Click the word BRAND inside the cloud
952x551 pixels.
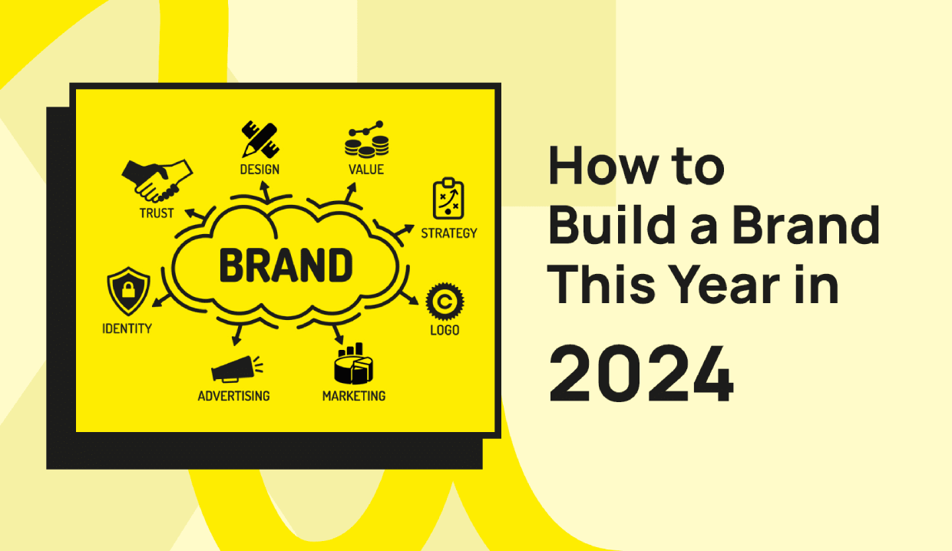point(286,265)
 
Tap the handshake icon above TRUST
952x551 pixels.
point(157,181)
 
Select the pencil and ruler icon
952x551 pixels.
point(260,140)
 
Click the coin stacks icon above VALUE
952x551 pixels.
point(366,139)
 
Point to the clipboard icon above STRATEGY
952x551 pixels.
point(448,199)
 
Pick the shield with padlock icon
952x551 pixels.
point(128,291)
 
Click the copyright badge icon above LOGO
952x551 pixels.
point(445,302)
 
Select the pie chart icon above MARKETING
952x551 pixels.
point(354,364)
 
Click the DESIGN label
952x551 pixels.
point(259,170)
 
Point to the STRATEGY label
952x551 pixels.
point(449,233)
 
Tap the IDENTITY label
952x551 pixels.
point(127,328)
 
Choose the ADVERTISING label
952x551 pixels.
point(233,396)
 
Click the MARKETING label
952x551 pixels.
point(354,396)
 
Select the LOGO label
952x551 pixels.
point(445,330)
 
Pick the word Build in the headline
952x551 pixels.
point(613,224)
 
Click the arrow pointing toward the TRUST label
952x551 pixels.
point(195,213)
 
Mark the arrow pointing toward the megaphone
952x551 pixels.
point(237,335)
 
